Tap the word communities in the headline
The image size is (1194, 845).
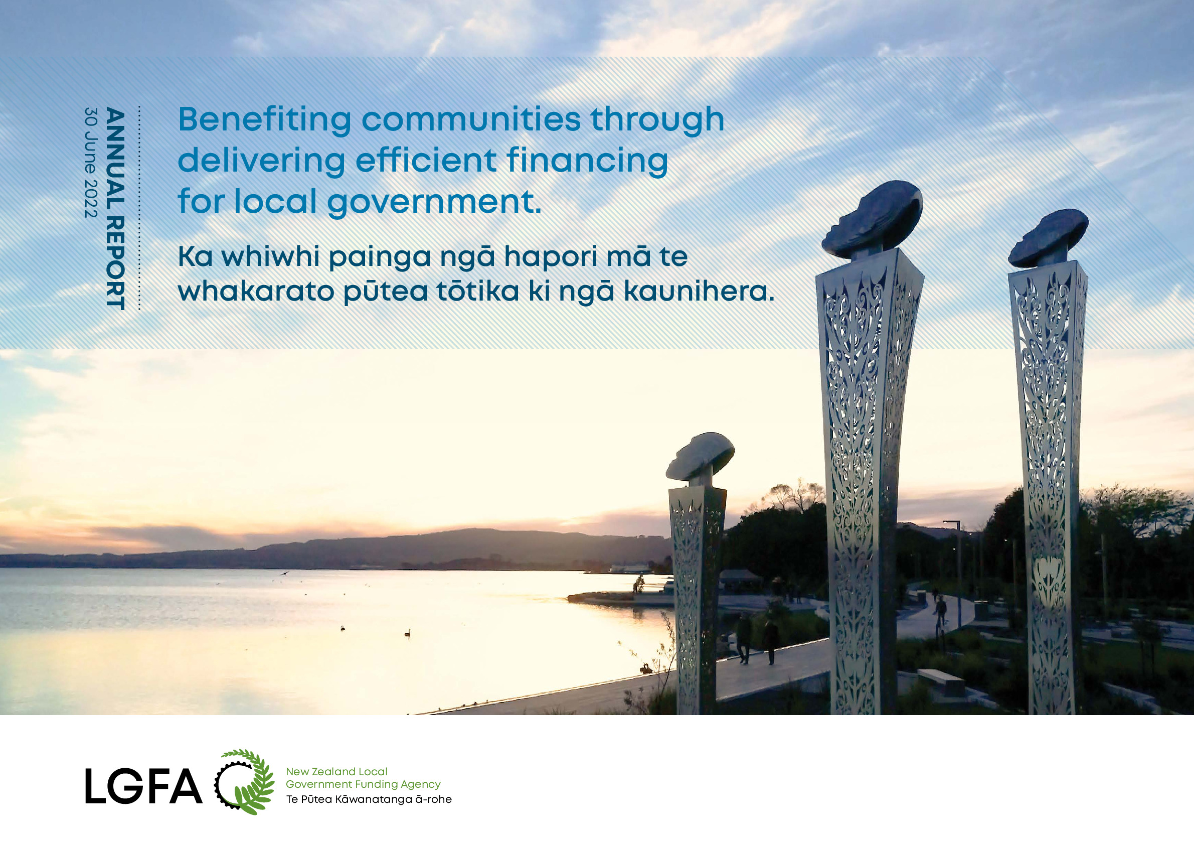coord(471,119)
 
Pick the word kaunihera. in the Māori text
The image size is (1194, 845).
coord(699,291)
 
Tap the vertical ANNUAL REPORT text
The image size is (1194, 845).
coord(115,209)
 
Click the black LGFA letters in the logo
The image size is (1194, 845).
coord(143,786)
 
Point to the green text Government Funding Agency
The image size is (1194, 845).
coord(363,785)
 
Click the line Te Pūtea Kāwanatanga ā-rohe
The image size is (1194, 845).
coord(369,799)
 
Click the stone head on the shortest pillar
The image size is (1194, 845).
coord(700,456)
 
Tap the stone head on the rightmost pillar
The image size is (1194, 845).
coord(1048,238)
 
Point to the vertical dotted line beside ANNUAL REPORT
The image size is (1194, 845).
coord(139,209)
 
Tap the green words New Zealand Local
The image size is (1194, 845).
coord(336,772)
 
